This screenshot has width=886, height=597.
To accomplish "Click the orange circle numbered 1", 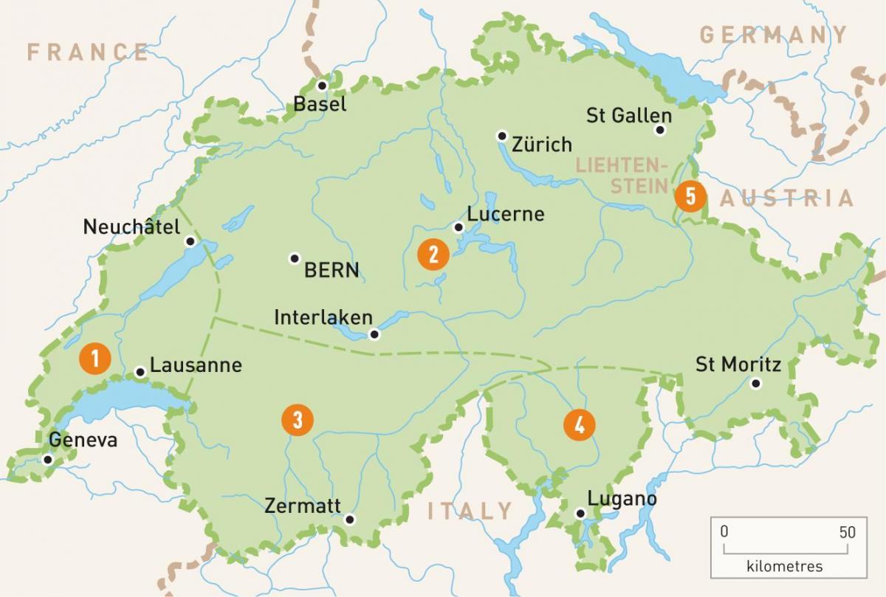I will point(95,359).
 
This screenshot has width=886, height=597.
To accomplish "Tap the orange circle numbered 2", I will point(433,255).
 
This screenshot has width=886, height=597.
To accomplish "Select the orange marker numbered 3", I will point(298,420).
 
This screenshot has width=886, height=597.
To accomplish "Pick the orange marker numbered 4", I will point(579,425).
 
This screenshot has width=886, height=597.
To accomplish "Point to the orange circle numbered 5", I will point(690,196).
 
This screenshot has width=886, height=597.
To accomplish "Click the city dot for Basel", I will point(321,86).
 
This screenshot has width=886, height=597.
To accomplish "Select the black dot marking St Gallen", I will point(660,131).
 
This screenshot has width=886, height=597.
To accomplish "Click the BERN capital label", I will point(332,270).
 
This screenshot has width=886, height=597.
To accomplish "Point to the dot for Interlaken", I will point(374,334).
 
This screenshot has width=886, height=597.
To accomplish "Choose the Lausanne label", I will point(196,365).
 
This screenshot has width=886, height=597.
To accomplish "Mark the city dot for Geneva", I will point(48,459).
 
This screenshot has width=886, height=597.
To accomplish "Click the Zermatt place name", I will point(303,506).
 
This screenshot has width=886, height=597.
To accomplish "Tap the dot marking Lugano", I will point(581,514).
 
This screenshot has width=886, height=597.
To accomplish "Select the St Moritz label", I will point(738,364).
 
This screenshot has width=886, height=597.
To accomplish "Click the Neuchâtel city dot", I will point(190,241).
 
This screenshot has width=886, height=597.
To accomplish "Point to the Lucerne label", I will point(506,214).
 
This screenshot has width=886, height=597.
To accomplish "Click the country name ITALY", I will point(470,511).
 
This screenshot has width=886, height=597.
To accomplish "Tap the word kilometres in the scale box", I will point(785,567).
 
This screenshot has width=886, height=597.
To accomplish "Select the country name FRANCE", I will point(88,52).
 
